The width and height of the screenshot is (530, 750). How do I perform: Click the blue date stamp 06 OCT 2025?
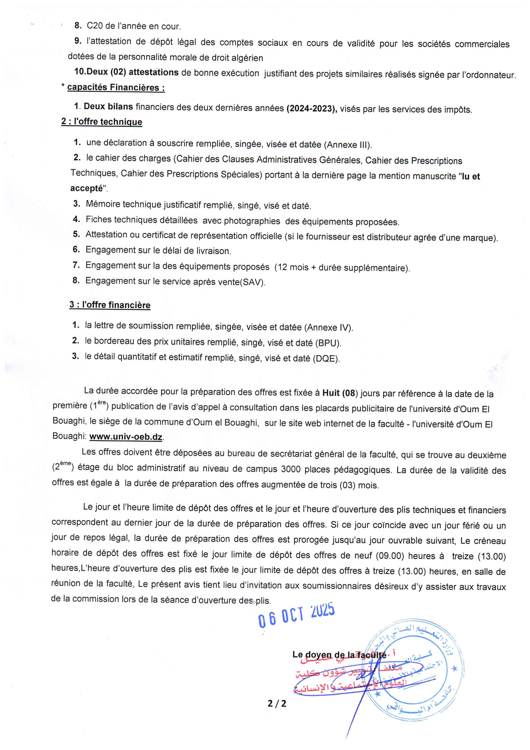tap(297, 616)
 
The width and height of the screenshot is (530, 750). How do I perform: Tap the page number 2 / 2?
tap(277, 703)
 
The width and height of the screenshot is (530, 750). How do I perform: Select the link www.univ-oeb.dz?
tap(126, 437)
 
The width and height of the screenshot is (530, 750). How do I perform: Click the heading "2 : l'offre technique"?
tap(102, 122)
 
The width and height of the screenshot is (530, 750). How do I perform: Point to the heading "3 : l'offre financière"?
tap(110, 305)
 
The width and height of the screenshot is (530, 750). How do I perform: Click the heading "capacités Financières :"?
tap(116, 88)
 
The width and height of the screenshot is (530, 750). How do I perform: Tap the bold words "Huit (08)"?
tap(339, 393)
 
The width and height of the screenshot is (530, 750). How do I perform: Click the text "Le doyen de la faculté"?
tap(339, 655)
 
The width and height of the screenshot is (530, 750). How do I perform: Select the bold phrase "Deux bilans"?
tap(108, 107)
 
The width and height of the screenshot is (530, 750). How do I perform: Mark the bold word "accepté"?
tap(87, 189)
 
